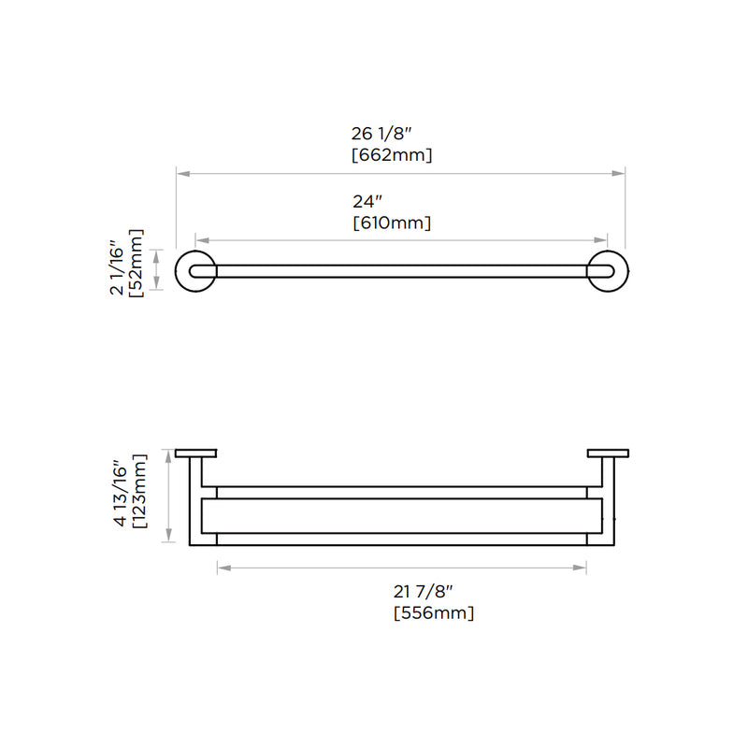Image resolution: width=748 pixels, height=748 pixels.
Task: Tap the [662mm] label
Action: click(x=391, y=155)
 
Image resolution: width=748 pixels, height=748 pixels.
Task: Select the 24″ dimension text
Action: click(x=367, y=201)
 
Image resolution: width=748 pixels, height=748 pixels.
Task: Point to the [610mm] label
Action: click(x=391, y=223)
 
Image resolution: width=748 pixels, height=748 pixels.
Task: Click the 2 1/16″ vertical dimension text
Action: click(x=118, y=270)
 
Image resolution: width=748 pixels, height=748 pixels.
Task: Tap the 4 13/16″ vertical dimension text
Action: click(x=119, y=493)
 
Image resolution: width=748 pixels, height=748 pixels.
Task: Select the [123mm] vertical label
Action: click(x=138, y=492)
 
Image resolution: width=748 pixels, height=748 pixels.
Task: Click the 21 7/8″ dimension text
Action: click(x=423, y=591)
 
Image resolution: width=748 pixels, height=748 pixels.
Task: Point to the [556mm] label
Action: click(x=434, y=613)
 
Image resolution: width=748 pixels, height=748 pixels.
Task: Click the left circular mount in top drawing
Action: click(x=197, y=271)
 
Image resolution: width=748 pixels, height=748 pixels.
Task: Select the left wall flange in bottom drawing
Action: click(x=196, y=454)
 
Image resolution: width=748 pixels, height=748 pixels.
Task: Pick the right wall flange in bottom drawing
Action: click(x=607, y=454)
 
